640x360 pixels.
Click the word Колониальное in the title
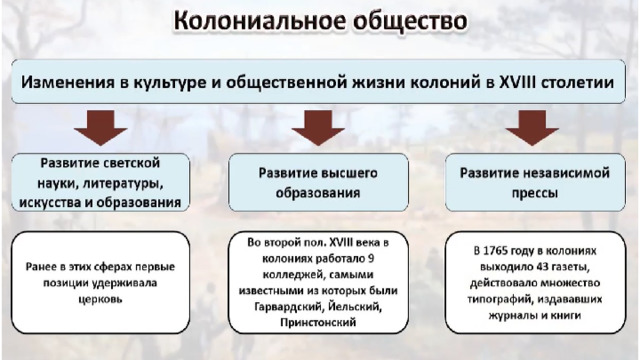click(260, 21)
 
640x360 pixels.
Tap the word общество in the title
click(410, 21)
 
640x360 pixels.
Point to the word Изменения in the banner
click(68, 82)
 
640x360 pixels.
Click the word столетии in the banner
click(578, 82)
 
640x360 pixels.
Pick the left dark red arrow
click(100, 128)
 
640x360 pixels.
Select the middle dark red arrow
click(318, 128)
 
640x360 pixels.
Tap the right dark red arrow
click(532, 128)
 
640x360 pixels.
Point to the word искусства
click(50, 202)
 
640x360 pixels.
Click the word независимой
click(565, 173)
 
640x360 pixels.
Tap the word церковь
click(100, 299)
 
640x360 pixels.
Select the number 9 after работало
click(371, 259)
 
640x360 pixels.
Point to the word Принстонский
click(318, 322)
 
